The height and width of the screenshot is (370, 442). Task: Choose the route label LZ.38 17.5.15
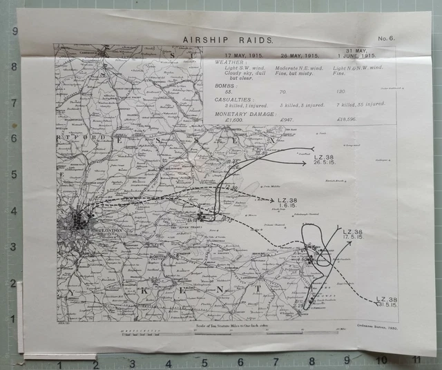coord(352,234)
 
